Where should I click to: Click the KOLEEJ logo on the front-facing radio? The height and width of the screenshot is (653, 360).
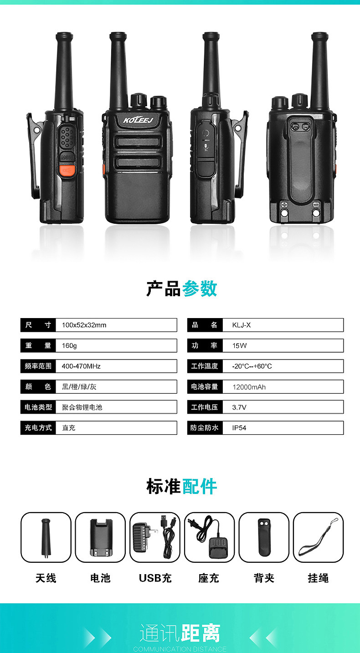tap(138, 120)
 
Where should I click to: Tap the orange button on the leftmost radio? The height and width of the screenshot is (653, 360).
tap(67, 170)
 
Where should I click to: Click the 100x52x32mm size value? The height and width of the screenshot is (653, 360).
tap(84, 325)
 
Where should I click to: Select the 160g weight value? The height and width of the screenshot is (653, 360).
tap(69, 346)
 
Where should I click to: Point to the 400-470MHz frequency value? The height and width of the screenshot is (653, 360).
tap(81, 366)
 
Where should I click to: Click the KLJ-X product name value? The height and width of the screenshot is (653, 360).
tap(242, 325)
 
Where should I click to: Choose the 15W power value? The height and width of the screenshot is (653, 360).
tap(239, 346)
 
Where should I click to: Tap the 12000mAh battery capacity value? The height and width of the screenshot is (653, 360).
tap(249, 387)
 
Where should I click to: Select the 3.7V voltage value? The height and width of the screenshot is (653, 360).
tap(239, 407)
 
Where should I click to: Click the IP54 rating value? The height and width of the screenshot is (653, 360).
tap(239, 428)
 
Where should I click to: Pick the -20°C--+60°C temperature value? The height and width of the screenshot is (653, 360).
tap(252, 366)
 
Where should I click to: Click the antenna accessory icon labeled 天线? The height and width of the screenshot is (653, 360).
tap(46, 538)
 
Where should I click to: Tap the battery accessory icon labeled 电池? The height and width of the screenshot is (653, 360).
tap(100, 538)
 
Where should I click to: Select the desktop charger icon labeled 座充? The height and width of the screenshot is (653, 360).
tap(209, 538)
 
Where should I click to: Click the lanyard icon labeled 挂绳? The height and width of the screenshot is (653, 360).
tap(319, 538)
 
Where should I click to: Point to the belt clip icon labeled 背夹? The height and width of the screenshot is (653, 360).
tap(264, 538)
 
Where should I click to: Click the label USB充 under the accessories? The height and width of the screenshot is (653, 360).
tap(155, 578)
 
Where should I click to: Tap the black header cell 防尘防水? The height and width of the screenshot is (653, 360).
tap(205, 427)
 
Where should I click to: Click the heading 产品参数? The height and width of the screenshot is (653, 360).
tap(182, 288)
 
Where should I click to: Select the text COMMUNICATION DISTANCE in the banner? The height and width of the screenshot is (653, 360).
tap(180, 649)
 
